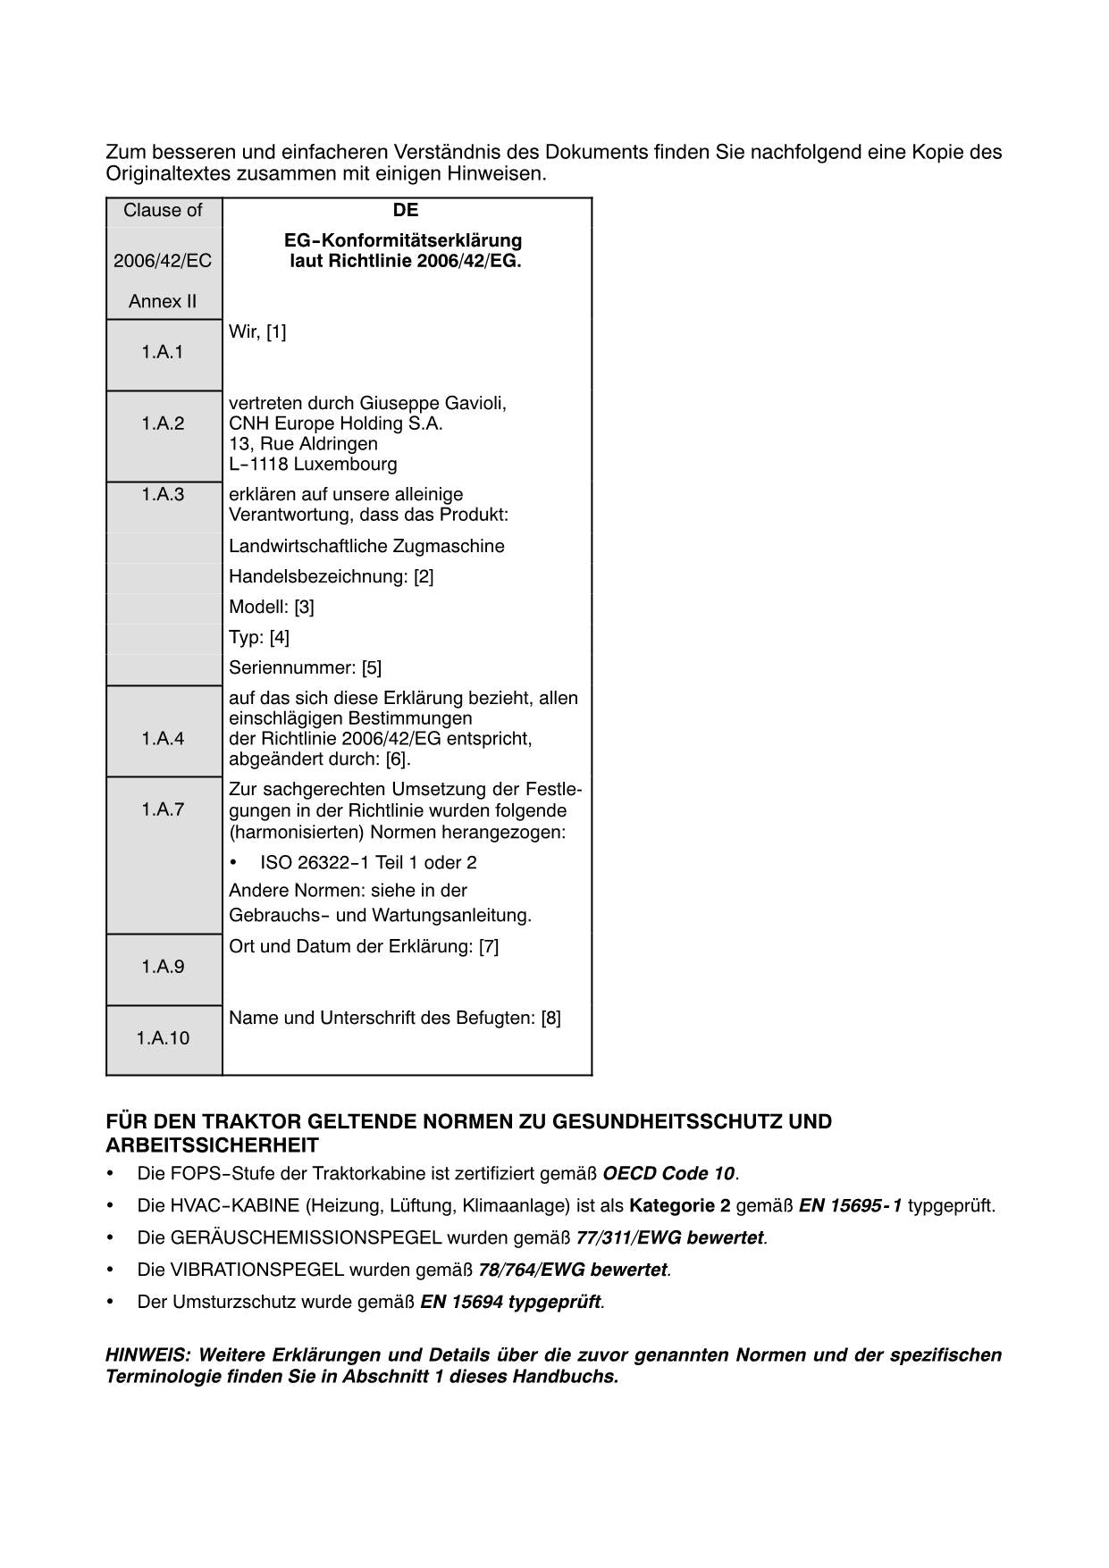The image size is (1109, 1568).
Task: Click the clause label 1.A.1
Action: pyautogui.click(x=162, y=352)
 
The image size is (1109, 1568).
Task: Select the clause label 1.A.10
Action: pyautogui.click(x=163, y=1038)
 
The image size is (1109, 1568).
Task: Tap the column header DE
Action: pyautogui.click(x=405, y=210)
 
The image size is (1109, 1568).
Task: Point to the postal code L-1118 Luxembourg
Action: pyautogui.click(x=313, y=465)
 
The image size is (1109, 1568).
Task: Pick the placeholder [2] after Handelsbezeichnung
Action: pyautogui.click(x=424, y=576)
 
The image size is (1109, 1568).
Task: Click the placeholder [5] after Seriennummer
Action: pyautogui.click(x=372, y=667)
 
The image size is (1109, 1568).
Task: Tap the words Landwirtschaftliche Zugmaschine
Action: pyautogui.click(x=366, y=546)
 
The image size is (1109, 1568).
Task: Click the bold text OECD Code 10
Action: pyautogui.click(x=668, y=1174)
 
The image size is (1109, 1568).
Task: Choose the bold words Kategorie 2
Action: pyautogui.click(x=679, y=1206)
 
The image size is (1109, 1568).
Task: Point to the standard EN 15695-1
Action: pyautogui.click(x=850, y=1206)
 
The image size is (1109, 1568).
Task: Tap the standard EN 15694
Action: pyautogui.click(x=461, y=1303)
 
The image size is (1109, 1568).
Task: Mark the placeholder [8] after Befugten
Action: pyautogui.click(x=551, y=1018)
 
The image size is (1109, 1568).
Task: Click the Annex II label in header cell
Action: pyautogui.click(x=162, y=301)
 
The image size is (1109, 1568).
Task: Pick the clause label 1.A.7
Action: pyautogui.click(x=162, y=809)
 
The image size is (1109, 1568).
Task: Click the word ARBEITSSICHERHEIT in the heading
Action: pyautogui.click(x=212, y=1145)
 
